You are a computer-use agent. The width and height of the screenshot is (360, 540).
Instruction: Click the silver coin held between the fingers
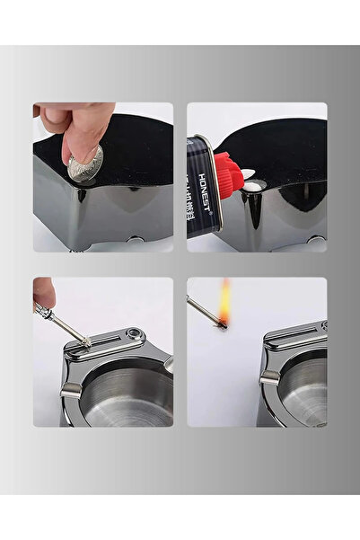coord(87,164)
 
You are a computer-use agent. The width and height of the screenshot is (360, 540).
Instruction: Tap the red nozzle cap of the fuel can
coord(228,174)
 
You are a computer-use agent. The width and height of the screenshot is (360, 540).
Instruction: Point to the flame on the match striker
coord(224,304)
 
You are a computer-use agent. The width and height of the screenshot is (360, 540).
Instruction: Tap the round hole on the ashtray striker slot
coord(135,334)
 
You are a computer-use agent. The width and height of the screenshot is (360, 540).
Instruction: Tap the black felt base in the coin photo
coord(135,144)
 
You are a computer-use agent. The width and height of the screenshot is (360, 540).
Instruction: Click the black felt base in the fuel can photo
coord(287,148)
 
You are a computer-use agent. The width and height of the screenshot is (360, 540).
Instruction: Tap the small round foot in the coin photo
coord(135,240)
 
